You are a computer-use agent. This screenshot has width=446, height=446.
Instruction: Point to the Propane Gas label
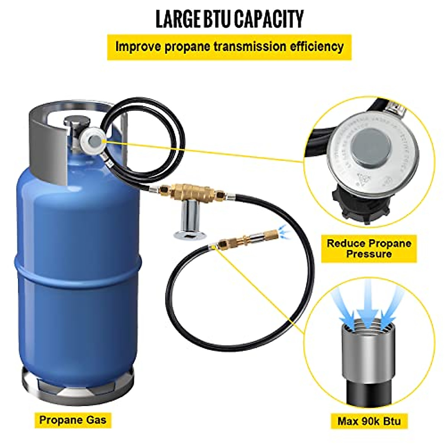73,420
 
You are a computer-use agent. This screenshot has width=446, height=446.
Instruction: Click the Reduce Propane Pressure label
369,249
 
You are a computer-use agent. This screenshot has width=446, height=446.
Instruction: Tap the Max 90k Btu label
369,421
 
